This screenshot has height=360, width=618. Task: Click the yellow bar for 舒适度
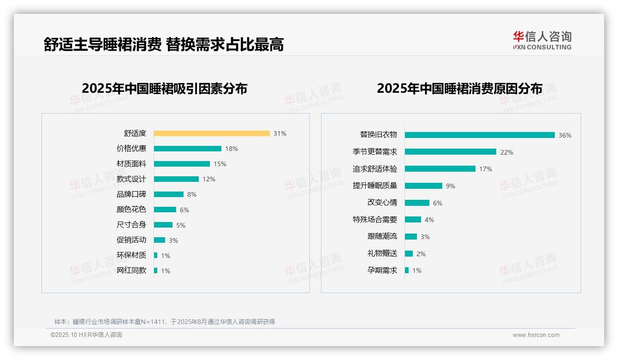pyautogui.click(x=212, y=133)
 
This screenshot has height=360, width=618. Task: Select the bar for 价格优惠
pyautogui.click(x=188, y=149)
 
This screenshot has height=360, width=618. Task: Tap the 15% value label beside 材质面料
pyautogui.click(x=220, y=164)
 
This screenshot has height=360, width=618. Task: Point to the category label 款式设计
pyautogui.click(x=131, y=179)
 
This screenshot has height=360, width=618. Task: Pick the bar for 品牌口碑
pyautogui.click(x=169, y=194)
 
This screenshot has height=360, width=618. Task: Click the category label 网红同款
pyautogui.click(x=131, y=270)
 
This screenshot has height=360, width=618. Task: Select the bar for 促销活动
pyautogui.click(x=160, y=240)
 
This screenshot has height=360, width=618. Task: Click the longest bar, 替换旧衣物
pyautogui.click(x=480, y=135)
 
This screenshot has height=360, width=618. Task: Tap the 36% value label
pyautogui.click(x=565, y=135)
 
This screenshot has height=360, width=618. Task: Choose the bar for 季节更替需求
pyautogui.click(x=451, y=152)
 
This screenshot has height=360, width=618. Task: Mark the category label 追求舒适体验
pyautogui.click(x=375, y=169)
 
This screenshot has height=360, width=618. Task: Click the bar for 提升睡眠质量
pyautogui.click(x=423, y=186)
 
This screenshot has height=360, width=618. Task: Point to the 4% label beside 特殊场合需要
pyautogui.click(x=429, y=220)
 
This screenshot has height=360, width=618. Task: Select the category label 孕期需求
pyautogui.click(x=382, y=270)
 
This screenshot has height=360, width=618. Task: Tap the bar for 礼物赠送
pyautogui.click(x=409, y=253)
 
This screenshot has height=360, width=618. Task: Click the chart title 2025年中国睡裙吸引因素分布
pyautogui.click(x=165, y=88)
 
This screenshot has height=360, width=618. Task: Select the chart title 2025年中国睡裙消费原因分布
pyautogui.click(x=459, y=88)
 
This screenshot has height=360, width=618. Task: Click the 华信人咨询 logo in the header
pyautogui.click(x=542, y=40)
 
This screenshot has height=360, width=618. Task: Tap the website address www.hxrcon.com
pyautogui.click(x=536, y=335)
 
